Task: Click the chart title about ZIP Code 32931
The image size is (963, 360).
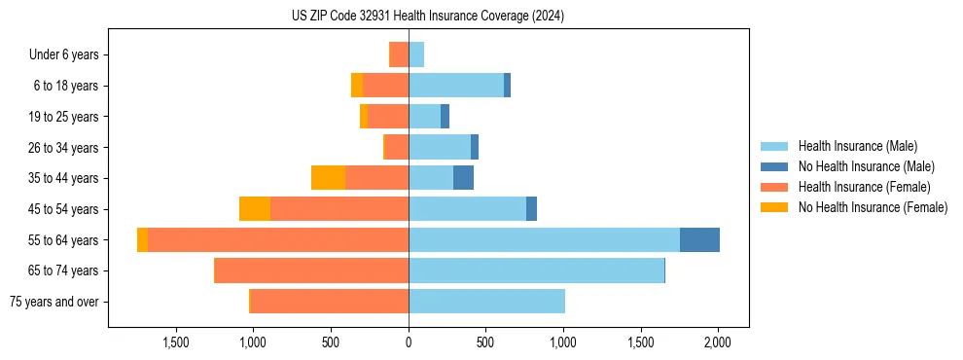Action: pos(428,17)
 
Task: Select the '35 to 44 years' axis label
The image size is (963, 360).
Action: pos(63,178)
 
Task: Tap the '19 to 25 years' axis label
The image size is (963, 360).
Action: pos(63,117)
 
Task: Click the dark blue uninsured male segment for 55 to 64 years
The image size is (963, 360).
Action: pos(699,239)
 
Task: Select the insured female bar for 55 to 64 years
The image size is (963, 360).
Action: pos(277,239)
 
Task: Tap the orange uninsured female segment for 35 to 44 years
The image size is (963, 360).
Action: pos(328,178)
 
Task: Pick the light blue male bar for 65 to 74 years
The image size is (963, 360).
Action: pos(536,270)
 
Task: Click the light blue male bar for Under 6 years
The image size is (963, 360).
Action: pos(416,54)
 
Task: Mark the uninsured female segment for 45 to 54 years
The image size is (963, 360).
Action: pos(255,209)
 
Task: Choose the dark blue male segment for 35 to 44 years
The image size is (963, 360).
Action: pos(463,178)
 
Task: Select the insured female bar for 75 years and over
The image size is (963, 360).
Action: pos(330,302)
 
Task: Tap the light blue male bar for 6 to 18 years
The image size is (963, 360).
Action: pos(456,86)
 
